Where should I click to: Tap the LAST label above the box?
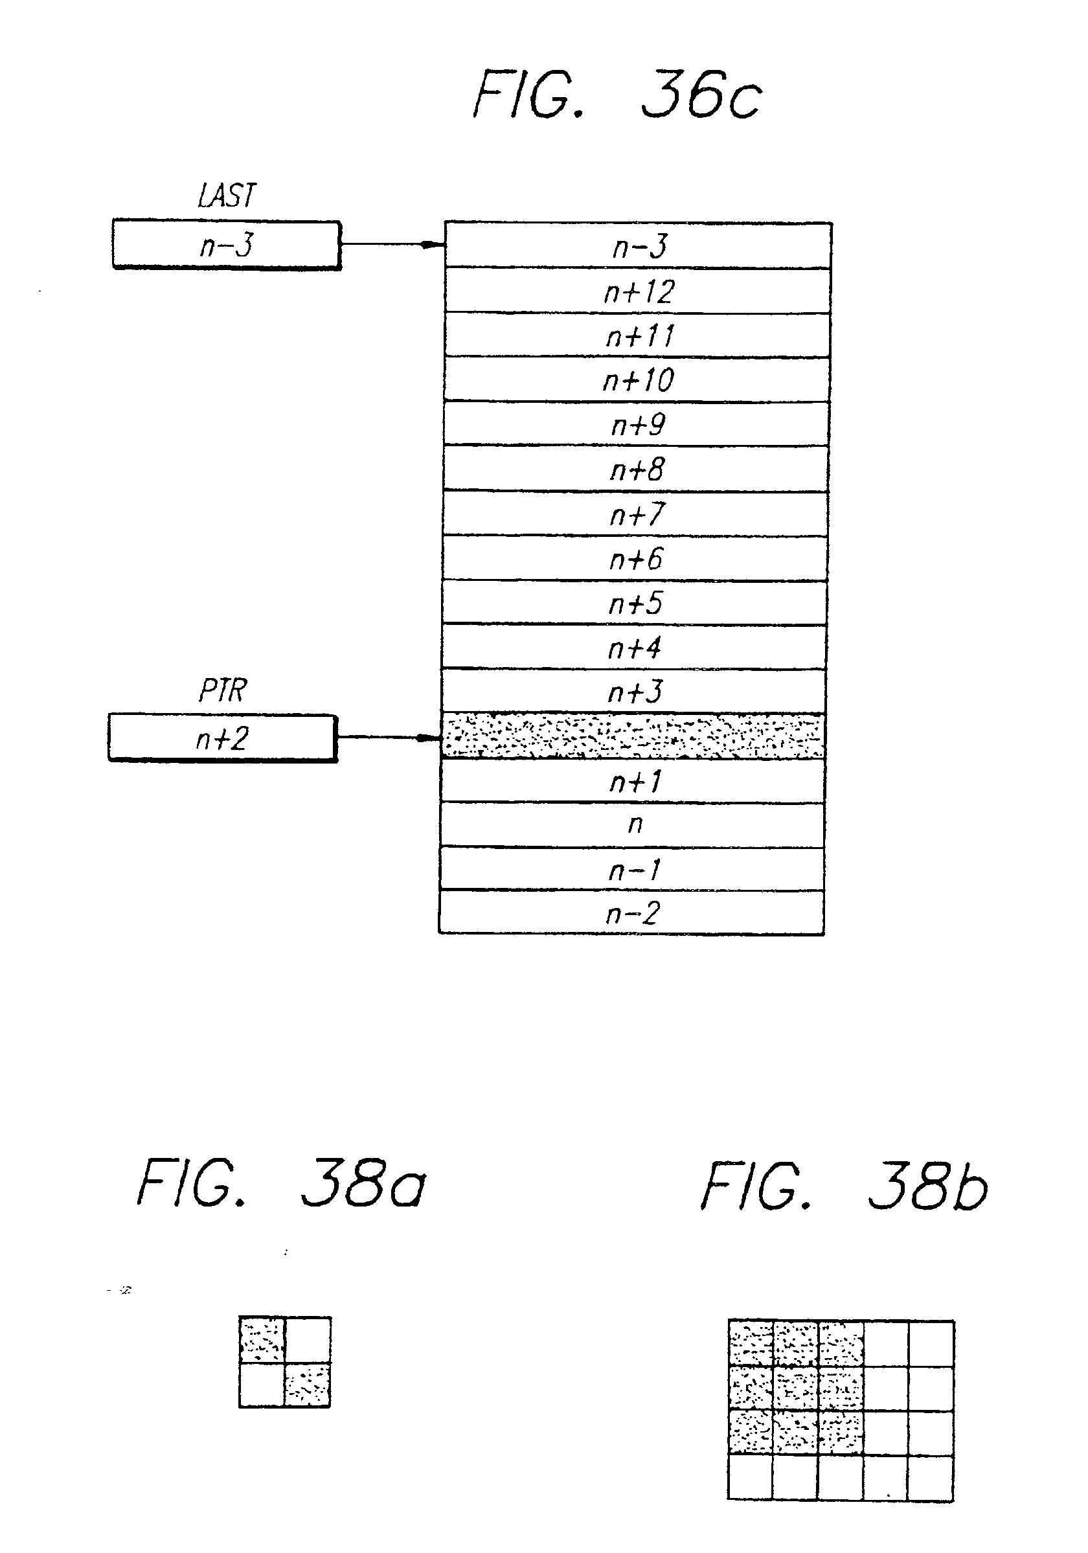tap(227, 196)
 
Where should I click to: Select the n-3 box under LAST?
tap(227, 244)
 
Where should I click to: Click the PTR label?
tap(223, 690)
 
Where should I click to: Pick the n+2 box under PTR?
tap(223, 738)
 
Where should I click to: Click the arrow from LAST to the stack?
tap(392, 244)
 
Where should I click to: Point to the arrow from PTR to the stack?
tap(389, 737)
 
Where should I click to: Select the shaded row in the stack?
tap(633, 736)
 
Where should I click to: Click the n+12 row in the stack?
tap(638, 291)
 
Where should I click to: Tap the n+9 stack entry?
tap(637, 424)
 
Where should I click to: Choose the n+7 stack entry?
tap(635, 514)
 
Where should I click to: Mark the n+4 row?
tap(634, 648)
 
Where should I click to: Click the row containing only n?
tap(633, 824)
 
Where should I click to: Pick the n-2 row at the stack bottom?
tap(631, 914)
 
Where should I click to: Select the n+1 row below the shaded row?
tap(633, 781)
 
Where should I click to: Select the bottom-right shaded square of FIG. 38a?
tap(307, 1385)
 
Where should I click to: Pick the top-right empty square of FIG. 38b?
tap(931, 1343)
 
